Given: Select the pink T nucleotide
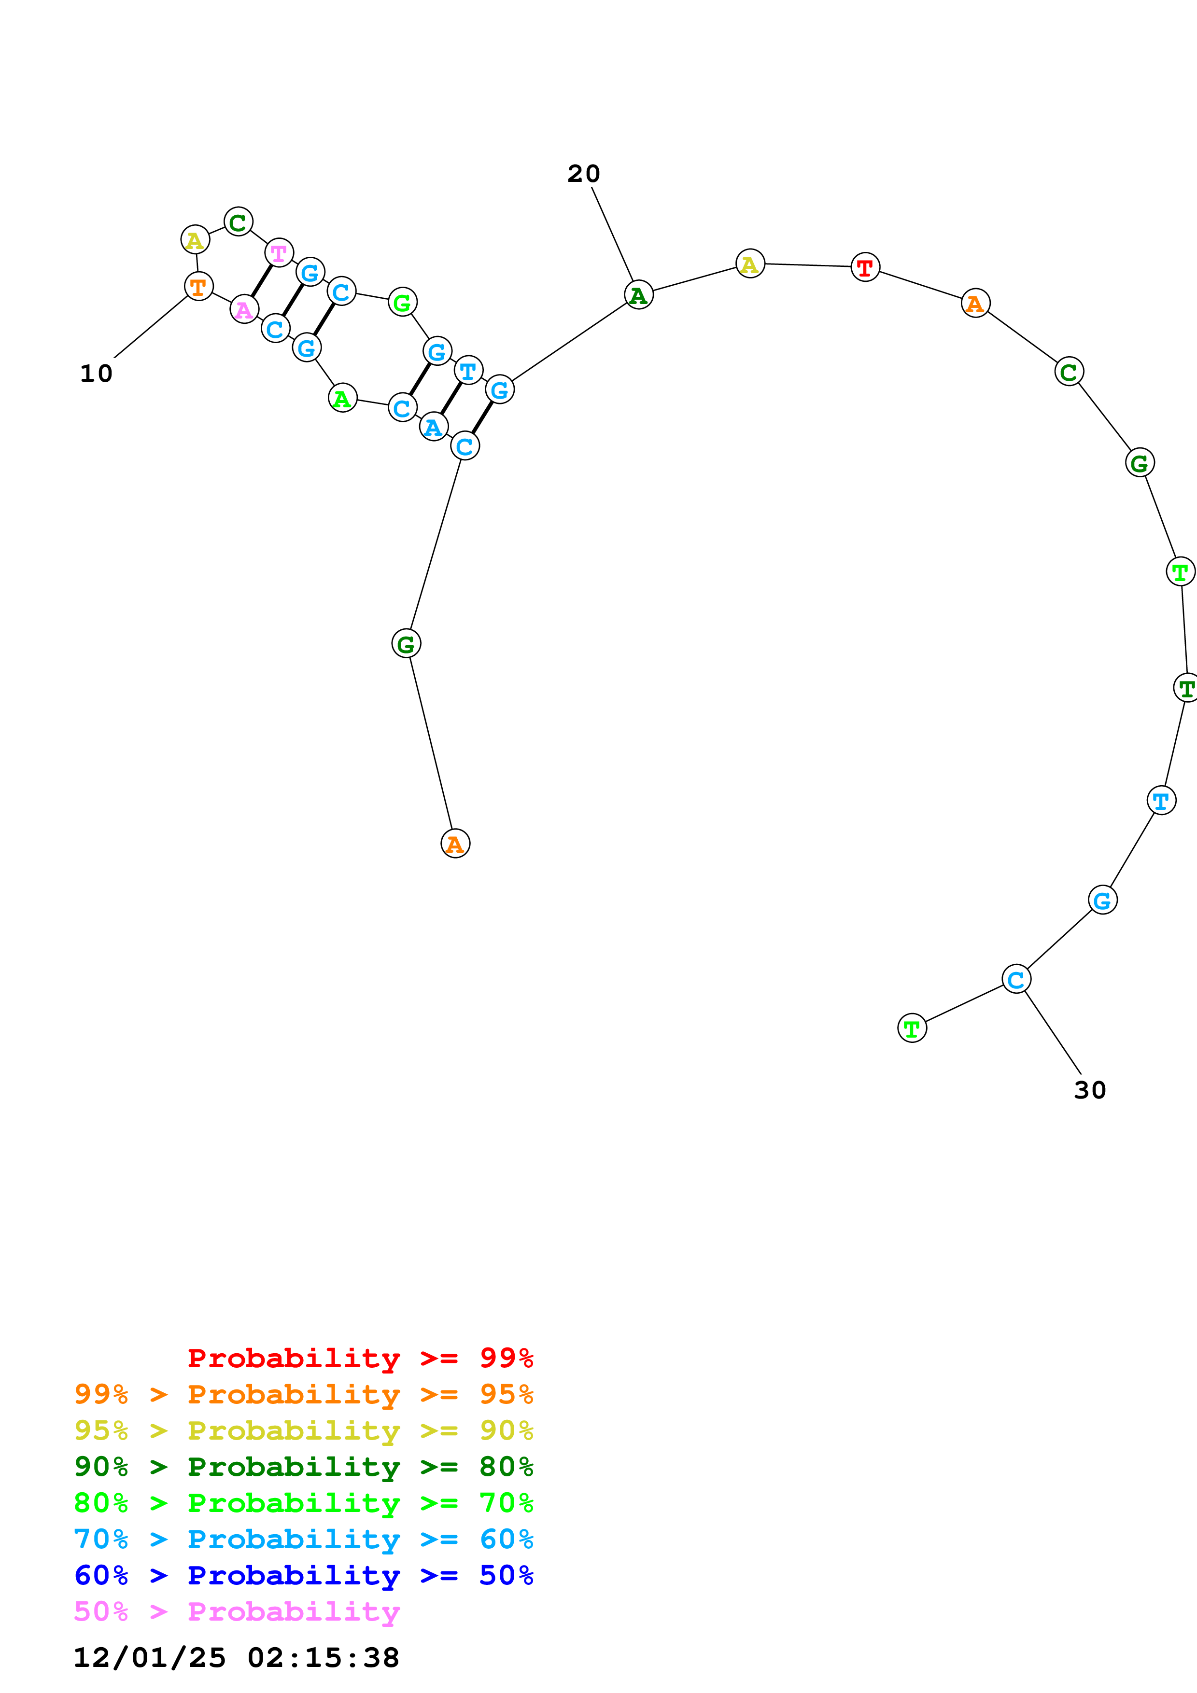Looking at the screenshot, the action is pos(279,253).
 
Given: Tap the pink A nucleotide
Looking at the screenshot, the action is pos(244,309).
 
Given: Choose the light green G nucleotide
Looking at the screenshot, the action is pos(402,302).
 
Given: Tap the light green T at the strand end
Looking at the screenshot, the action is pos(912,1028).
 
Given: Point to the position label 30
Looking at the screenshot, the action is pos(1089,1090).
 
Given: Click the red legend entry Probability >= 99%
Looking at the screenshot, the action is pos(360,1358).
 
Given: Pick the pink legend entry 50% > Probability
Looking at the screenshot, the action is pos(237,1612).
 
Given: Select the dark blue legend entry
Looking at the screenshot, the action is pos(303,1576).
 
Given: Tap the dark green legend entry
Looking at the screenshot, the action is pos(303,1467).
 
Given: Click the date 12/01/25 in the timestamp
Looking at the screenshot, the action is pos(150,1658).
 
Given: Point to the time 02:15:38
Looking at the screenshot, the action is pos(323,1658).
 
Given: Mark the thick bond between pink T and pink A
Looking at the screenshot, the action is pos(261,281).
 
